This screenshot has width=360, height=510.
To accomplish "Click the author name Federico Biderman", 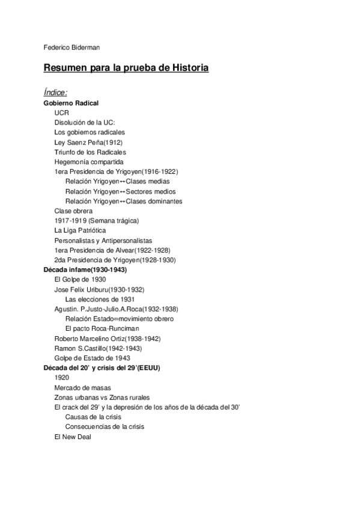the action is tap(69, 48).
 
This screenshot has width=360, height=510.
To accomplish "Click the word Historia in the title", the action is tap(187, 69).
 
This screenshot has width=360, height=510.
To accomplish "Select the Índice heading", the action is tap(55, 92).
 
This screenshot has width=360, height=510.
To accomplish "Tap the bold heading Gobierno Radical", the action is tap(71, 103).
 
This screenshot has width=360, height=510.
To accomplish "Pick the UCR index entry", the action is tap(61, 112).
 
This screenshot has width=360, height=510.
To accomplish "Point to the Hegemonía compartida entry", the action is tap(89, 162).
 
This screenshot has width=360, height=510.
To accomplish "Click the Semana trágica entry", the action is tap(96, 221).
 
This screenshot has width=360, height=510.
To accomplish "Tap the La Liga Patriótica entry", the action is tap(80, 230).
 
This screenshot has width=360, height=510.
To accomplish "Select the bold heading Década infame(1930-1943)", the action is tap(85, 270).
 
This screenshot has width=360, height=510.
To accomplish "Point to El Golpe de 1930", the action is tap(80, 280).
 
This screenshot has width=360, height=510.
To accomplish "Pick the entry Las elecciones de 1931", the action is tap(100, 299).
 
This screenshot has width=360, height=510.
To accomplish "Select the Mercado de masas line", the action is tap(82, 387).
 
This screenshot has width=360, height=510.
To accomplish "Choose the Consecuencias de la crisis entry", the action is tap(105, 426).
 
